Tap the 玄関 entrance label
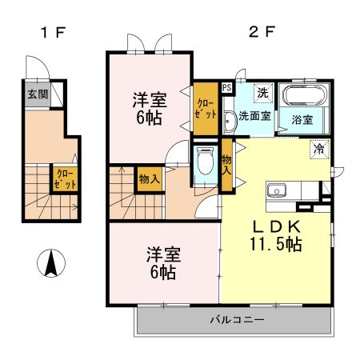tap(37, 94)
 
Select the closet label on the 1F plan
tap(62, 177)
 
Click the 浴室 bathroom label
tap(302, 120)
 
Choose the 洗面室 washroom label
tap(253, 117)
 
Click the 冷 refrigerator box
tap(318, 149)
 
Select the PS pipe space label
tap(226, 88)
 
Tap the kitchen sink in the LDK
tap(277, 191)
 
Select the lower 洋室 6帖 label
tap(162, 263)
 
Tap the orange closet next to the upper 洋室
tap(206, 108)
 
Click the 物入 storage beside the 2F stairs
tap(149, 178)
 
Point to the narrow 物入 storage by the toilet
tap(226, 166)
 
